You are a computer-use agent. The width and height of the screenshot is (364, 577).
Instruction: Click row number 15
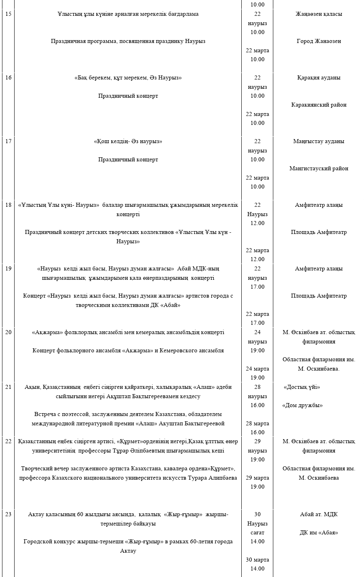pyautogui.click(x=9, y=14)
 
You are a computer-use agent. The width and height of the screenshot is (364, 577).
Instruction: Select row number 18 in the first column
pyautogui.click(x=9, y=205)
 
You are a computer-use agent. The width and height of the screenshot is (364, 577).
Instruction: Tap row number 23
pyautogui.click(x=9, y=515)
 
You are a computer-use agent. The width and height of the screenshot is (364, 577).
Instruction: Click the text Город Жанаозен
pyautogui.click(x=319, y=41)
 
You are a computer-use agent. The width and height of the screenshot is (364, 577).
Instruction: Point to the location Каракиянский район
pyautogui.click(x=319, y=105)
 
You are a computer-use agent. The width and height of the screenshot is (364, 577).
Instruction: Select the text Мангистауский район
pyautogui.click(x=319, y=169)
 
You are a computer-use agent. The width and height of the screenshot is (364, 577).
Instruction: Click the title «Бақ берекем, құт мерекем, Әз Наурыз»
pyautogui.click(x=128, y=78)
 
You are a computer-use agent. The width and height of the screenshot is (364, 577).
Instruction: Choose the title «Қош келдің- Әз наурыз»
pyautogui.click(x=128, y=142)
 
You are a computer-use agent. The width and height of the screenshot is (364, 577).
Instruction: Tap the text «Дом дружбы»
pyautogui.click(x=302, y=405)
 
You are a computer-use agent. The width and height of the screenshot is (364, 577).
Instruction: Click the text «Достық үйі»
pyautogui.click(x=302, y=387)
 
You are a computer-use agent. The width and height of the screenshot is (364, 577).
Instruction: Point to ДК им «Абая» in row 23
pyautogui.click(x=319, y=533)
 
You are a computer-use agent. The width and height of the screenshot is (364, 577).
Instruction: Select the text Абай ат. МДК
pyautogui.click(x=319, y=515)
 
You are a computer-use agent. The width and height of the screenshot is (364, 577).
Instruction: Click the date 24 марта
pyautogui.click(x=257, y=369)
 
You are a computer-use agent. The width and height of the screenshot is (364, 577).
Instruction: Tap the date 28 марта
pyautogui.click(x=257, y=424)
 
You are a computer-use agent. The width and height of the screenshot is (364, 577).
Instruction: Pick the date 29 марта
pyautogui.click(x=257, y=478)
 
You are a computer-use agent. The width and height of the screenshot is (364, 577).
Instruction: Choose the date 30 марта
pyautogui.click(x=257, y=560)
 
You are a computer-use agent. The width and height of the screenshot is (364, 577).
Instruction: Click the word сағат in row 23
pyautogui.click(x=257, y=533)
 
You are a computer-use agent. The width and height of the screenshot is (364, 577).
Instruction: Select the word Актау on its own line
pyautogui.click(x=128, y=551)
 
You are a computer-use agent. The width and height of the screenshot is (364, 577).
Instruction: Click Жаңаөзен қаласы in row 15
pyautogui.click(x=319, y=14)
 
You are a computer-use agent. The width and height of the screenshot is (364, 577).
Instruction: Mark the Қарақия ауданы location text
pyautogui.click(x=319, y=78)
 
